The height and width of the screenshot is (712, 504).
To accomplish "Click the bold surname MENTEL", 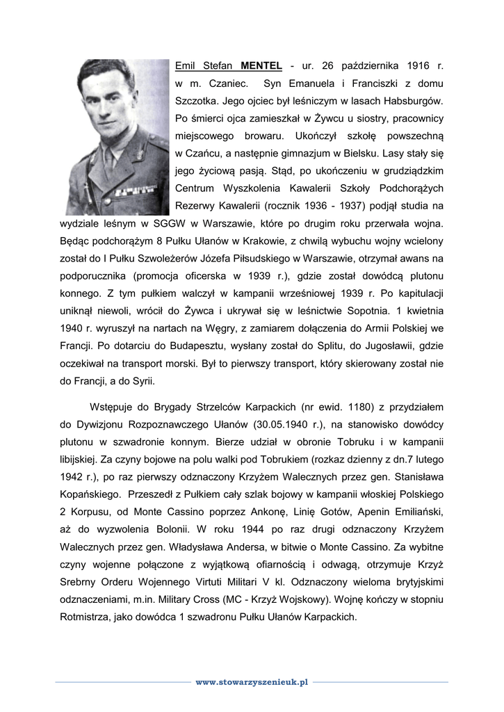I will click(261, 66).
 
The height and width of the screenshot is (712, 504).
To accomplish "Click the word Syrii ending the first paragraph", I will click(143, 381).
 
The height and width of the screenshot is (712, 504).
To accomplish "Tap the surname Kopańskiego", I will click(89, 494).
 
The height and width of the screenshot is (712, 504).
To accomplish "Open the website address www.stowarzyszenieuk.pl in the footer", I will click(252, 683).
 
